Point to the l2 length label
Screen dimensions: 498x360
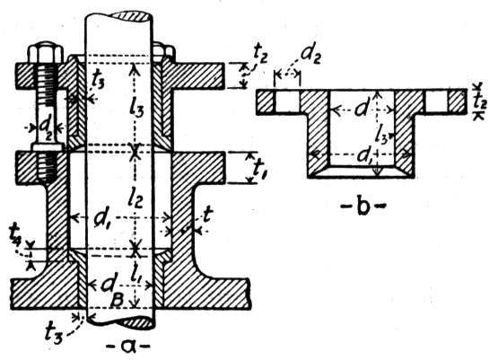135,199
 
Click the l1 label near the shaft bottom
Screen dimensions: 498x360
136,276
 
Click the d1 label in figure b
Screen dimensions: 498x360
364,155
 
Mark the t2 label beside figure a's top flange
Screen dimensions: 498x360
260,57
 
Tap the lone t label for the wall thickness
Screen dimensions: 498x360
207,217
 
